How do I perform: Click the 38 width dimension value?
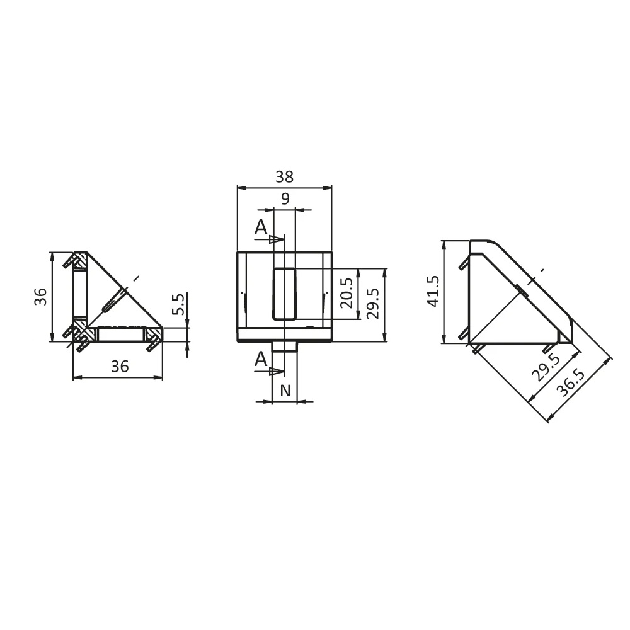pyautogui.click(x=284, y=177)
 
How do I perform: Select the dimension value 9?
pyautogui.click(x=285, y=200)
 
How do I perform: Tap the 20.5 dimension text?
pyautogui.click(x=346, y=293)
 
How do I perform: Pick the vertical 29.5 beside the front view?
pyautogui.click(x=374, y=304)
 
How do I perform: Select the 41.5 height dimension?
pyautogui.click(x=433, y=291)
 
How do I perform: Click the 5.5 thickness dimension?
pyautogui.click(x=178, y=304)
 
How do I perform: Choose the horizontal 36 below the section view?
pyautogui.click(x=119, y=366)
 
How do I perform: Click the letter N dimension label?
pyautogui.click(x=285, y=391)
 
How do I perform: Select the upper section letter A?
pyautogui.click(x=261, y=227)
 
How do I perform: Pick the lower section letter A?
pyautogui.click(x=261, y=360)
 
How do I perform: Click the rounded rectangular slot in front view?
pyautogui.click(x=284, y=293)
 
